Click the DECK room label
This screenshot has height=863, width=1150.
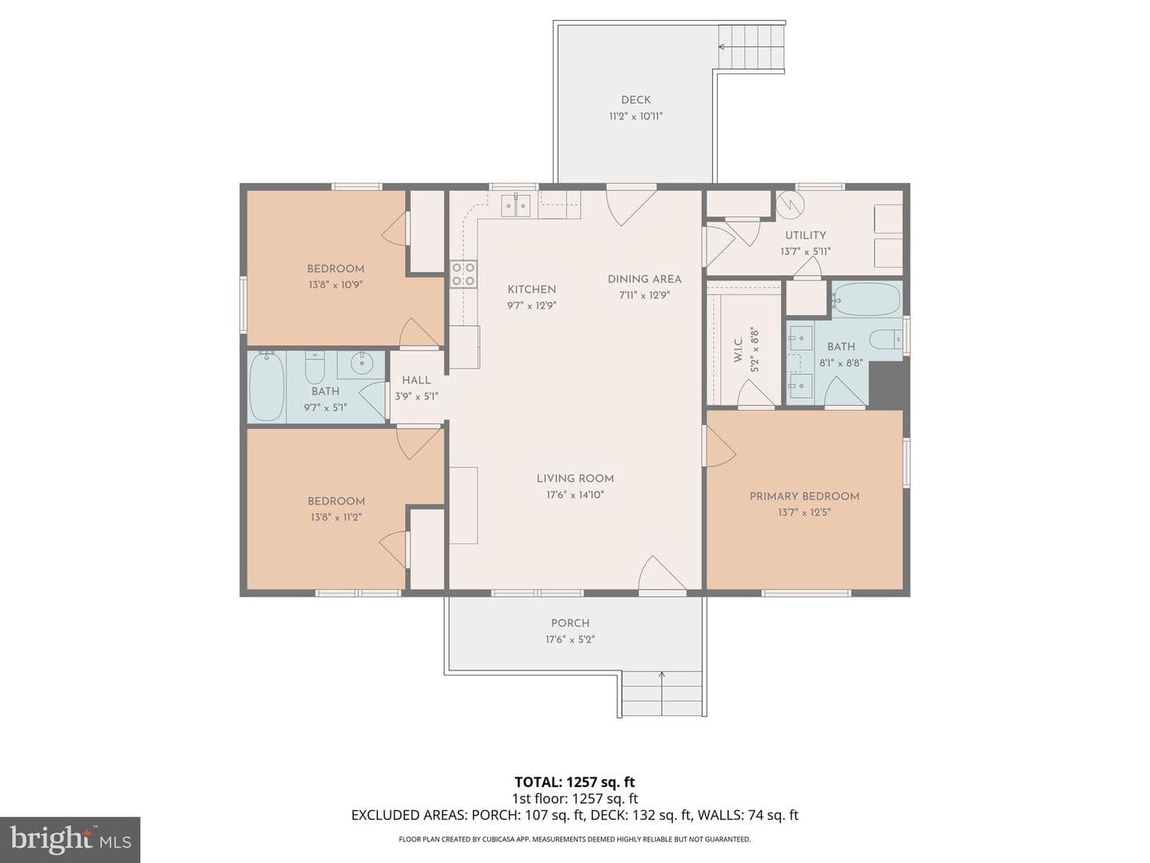coord(636,100)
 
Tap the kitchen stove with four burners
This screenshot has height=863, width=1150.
coord(464,274)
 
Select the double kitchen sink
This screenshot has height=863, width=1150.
coord(516,205)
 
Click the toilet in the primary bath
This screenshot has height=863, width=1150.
coord(886,339)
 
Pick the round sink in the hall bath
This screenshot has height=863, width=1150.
coord(361,363)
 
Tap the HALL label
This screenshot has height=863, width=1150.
coord(417,380)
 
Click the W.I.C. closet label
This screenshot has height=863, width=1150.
coord(738,349)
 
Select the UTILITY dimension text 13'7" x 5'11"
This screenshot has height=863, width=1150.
coord(805,252)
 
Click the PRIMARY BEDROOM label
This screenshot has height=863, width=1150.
coord(804,496)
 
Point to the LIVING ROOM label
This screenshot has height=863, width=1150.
coord(575,479)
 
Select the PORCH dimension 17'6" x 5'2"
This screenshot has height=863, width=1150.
coord(570,639)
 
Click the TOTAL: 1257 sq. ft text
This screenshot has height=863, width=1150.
coord(575,782)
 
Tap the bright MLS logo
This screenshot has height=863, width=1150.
coord(70,839)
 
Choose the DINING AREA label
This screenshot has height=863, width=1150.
coord(644,280)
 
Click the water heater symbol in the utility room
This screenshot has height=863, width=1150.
coord(786,203)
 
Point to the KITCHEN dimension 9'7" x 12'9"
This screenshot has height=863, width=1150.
coord(531,305)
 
